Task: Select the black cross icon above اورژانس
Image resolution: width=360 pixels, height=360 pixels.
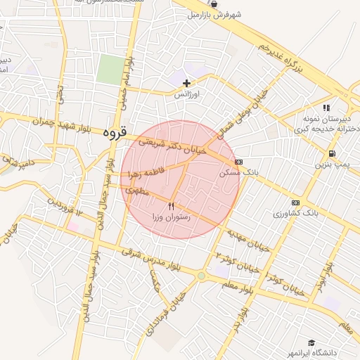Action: pos(186,83)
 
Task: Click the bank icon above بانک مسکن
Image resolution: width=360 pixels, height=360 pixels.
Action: pos(238,162)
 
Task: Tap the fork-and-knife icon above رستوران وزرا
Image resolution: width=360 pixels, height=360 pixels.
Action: pos(172,207)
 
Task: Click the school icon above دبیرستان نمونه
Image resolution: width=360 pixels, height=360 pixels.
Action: pos(326,108)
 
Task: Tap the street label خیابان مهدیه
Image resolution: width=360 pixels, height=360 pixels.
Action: pos(247,238)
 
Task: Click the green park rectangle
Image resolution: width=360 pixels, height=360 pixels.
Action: pos(110,70)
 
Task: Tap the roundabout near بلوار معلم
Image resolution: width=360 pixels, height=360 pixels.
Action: pos(202,276)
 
